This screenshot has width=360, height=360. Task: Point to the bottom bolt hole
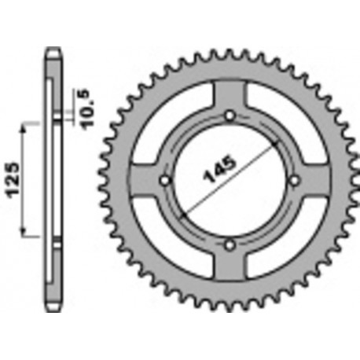point(230,245)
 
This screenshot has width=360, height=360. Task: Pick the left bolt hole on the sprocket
point(166,182)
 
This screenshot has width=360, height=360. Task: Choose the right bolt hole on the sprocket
point(294,181)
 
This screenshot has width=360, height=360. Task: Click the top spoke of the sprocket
point(230,98)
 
